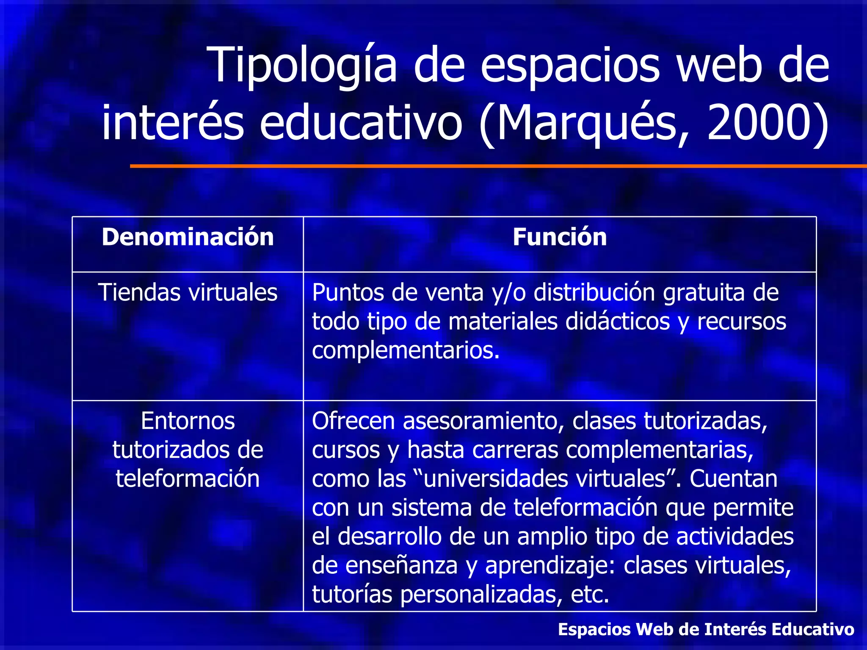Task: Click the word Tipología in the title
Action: [x=302, y=66]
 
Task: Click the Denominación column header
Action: [x=188, y=237]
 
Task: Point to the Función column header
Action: [x=560, y=237]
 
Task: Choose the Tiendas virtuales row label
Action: [x=188, y=292]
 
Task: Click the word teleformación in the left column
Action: [x=188, y=479]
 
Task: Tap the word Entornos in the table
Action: [x=188, y=421]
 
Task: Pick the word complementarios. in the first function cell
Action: [x=406, y=350]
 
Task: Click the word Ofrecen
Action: [x=353, y=421]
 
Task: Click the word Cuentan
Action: [x=733, y=479]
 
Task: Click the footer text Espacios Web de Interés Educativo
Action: [x=706, y=629]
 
